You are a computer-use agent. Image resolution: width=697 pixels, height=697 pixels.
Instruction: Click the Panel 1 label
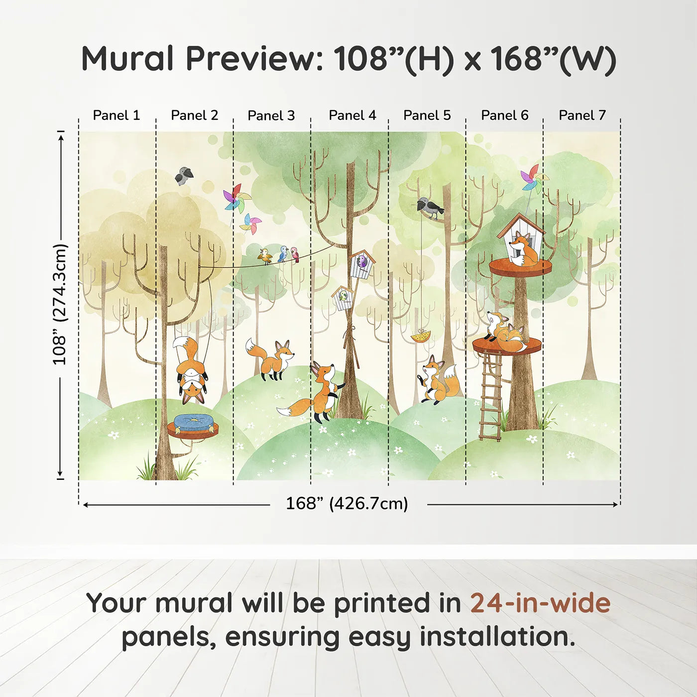click(x=116, y=116)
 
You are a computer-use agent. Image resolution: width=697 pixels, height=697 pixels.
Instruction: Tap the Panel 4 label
click(x=352, y=116)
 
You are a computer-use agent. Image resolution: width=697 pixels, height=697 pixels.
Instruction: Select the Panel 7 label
click(x=582, y=116)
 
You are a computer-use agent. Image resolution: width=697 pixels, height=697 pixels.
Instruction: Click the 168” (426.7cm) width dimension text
click(x=347, y=503)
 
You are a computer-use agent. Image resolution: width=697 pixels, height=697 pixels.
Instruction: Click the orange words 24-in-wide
click(x=540, y=603)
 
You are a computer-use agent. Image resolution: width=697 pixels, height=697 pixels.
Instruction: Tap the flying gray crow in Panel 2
click(x=184, y=176)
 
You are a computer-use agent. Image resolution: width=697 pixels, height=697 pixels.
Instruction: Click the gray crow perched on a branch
click(x=430, y=208)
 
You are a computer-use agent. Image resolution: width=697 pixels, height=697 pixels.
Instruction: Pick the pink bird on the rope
click(x=296, y=254)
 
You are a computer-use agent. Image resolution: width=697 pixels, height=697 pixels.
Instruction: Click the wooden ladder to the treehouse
click(x=490, y=395)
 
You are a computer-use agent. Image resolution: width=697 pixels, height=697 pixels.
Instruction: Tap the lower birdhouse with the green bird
click(x=343, y=298)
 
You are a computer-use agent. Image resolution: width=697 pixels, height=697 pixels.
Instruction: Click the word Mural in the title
click(x=128, y=59)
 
